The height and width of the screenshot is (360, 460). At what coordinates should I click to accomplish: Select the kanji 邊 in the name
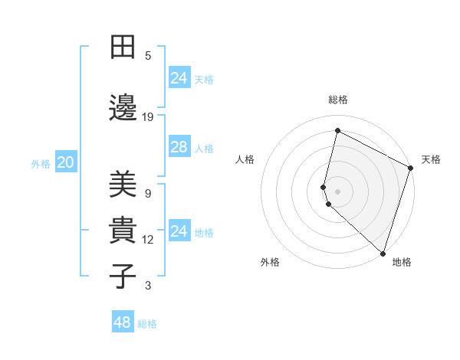pos(123,110)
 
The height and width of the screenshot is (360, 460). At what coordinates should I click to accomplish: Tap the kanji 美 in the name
pos(123,185)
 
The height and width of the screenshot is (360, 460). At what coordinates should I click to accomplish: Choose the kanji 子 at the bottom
pos(123,277)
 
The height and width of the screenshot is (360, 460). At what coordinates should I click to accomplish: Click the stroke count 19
pos(148,117)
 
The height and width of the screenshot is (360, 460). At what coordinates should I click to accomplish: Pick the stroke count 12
pos(148,240)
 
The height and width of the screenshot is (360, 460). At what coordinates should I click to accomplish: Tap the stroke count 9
pos(147,193)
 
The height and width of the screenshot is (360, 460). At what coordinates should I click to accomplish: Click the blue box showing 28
pos(179,147)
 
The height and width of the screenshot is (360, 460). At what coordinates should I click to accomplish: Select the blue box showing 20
pos(65,162)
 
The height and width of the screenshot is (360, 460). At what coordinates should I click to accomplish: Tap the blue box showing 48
pos(122,322)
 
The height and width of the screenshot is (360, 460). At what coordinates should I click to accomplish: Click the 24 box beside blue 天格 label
pos(179,77)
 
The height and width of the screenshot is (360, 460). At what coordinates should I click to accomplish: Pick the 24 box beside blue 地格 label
pos(179,231)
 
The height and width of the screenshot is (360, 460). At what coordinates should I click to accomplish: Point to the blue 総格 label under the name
pos(147,324)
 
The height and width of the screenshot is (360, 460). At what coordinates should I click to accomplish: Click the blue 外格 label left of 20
pos(41,163)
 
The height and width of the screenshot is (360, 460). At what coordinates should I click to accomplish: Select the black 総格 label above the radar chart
pos(337,100)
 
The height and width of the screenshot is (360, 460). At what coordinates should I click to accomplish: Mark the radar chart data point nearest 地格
pos(383,254)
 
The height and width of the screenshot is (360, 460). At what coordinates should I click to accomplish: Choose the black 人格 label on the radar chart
pos(245,159)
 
